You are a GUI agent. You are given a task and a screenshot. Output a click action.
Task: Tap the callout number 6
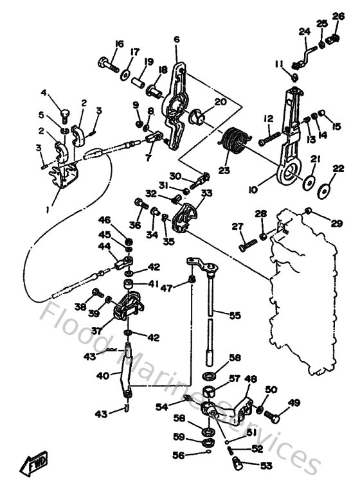[x=176, y=40]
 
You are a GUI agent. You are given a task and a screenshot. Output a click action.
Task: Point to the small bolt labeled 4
[x=64, y=115]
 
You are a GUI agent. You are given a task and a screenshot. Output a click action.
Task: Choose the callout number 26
[x=337, y=15]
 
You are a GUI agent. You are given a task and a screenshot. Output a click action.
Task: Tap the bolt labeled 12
[x=271, y=137]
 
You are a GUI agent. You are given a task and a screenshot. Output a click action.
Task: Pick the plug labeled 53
[x=239, y=461]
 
